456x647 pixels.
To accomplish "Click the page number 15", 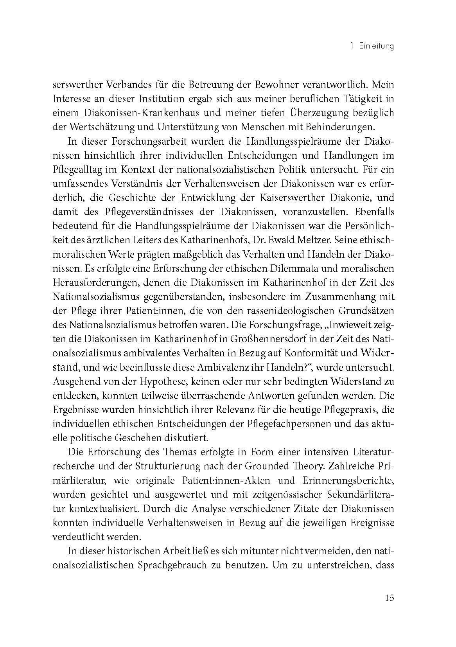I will (x=389, y=598).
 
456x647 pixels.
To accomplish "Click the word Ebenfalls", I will (x=369, y=212).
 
